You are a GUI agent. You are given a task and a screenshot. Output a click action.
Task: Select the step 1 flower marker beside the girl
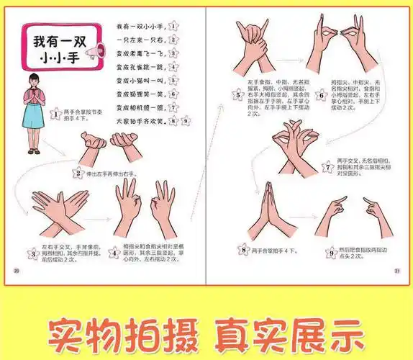click(x=55, y=113)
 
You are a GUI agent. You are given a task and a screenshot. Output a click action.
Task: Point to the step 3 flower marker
click(x=32, y=253)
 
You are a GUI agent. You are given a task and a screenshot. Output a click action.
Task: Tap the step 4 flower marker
click(x=114, y=253)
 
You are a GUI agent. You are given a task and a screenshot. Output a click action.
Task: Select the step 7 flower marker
click(x=327, y=167)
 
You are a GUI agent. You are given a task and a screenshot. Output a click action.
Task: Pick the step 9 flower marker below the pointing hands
click(x=332, y=252)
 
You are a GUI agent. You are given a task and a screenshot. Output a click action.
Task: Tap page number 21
click(x=396, y=271)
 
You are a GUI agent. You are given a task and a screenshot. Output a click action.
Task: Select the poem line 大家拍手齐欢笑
click(x=141, y=121)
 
